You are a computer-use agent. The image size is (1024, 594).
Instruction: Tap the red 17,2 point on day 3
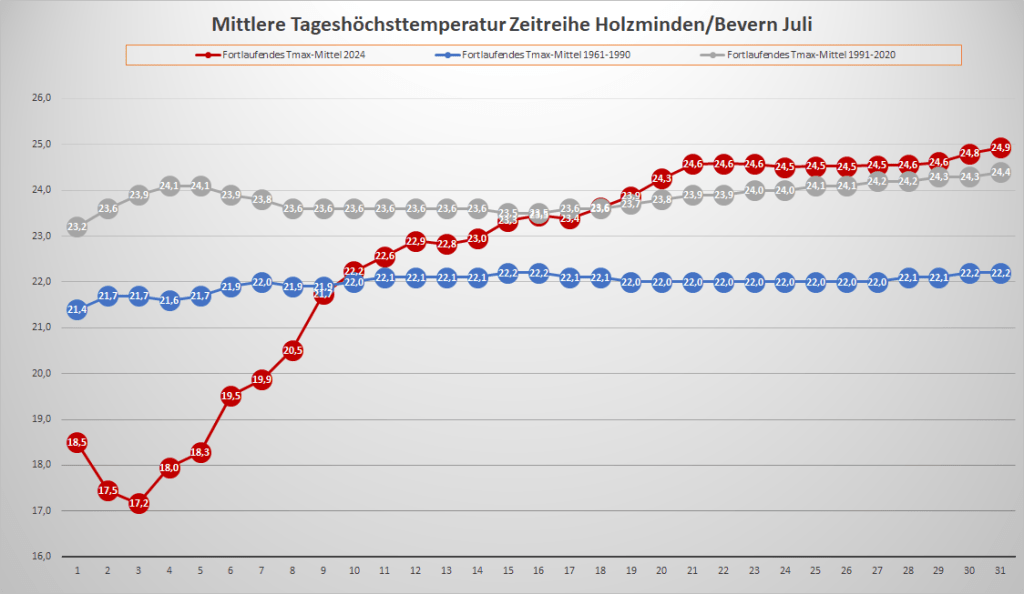pyautogui.click(x=139, y=503)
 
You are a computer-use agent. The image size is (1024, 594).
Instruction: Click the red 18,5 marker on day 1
pyautogui.click(x=77, y=442)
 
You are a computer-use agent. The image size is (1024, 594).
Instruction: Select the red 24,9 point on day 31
pyautogui.click(x=1000, y=148)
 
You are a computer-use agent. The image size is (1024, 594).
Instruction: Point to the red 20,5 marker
pyautogui.click(x=293, y=350)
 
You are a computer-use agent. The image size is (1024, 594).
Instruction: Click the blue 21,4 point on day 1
pyautogui.click(x=77, y=310)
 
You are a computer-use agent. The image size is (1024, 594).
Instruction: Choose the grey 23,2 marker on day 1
pyautogui.click(x=77, y=227)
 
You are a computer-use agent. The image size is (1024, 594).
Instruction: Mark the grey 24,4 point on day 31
pyautogui.click(x=1000, y=172)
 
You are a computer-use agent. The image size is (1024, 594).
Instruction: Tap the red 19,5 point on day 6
pyautogui.click(x=231, y=396)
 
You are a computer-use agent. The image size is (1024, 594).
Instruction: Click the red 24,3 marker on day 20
pyautogui.click(x=661, y=178)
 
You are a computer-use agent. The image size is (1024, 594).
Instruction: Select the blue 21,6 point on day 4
pyautogui.click(x=169, y=300)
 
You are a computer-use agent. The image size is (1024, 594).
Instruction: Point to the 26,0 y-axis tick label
pyautogui.click(x=41, y=98)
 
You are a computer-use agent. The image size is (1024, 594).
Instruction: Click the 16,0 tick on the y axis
pyautogui.click(x=41, y=556)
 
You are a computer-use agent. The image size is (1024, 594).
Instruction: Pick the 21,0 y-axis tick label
pyautogui.click(x=41, y=327)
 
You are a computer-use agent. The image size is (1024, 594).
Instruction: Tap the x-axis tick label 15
pyautogui.click(x=508, y=570)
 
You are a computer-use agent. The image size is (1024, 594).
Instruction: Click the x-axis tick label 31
pyautogui.click(x=1000, y=570)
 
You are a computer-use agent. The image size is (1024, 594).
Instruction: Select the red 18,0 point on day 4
pyautogui.click(x=169, y=467)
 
